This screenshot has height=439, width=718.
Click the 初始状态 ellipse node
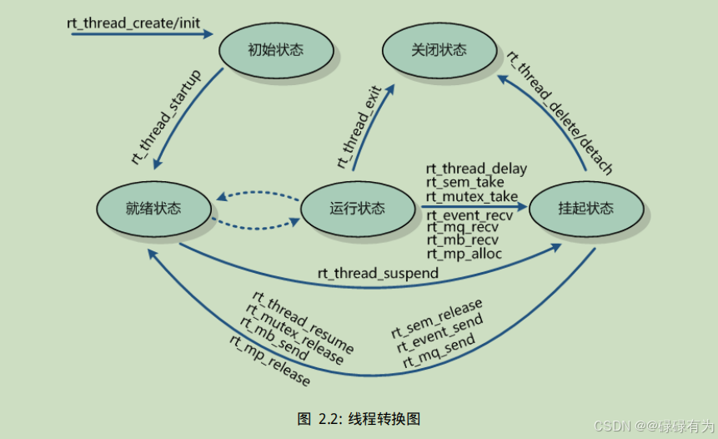coord(275,50)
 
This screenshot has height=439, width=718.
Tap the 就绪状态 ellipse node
coord(153,208)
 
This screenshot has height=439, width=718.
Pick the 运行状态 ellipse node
coord(357,208)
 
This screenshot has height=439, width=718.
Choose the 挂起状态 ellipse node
coord(585,208)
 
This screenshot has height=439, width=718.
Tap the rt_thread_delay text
coord(476,169)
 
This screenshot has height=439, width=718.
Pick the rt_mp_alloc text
coord(464,253)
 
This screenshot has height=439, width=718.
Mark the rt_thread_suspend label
coord(378,273)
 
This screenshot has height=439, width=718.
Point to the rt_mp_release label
coord(269,361)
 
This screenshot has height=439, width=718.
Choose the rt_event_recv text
coord(468,214)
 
